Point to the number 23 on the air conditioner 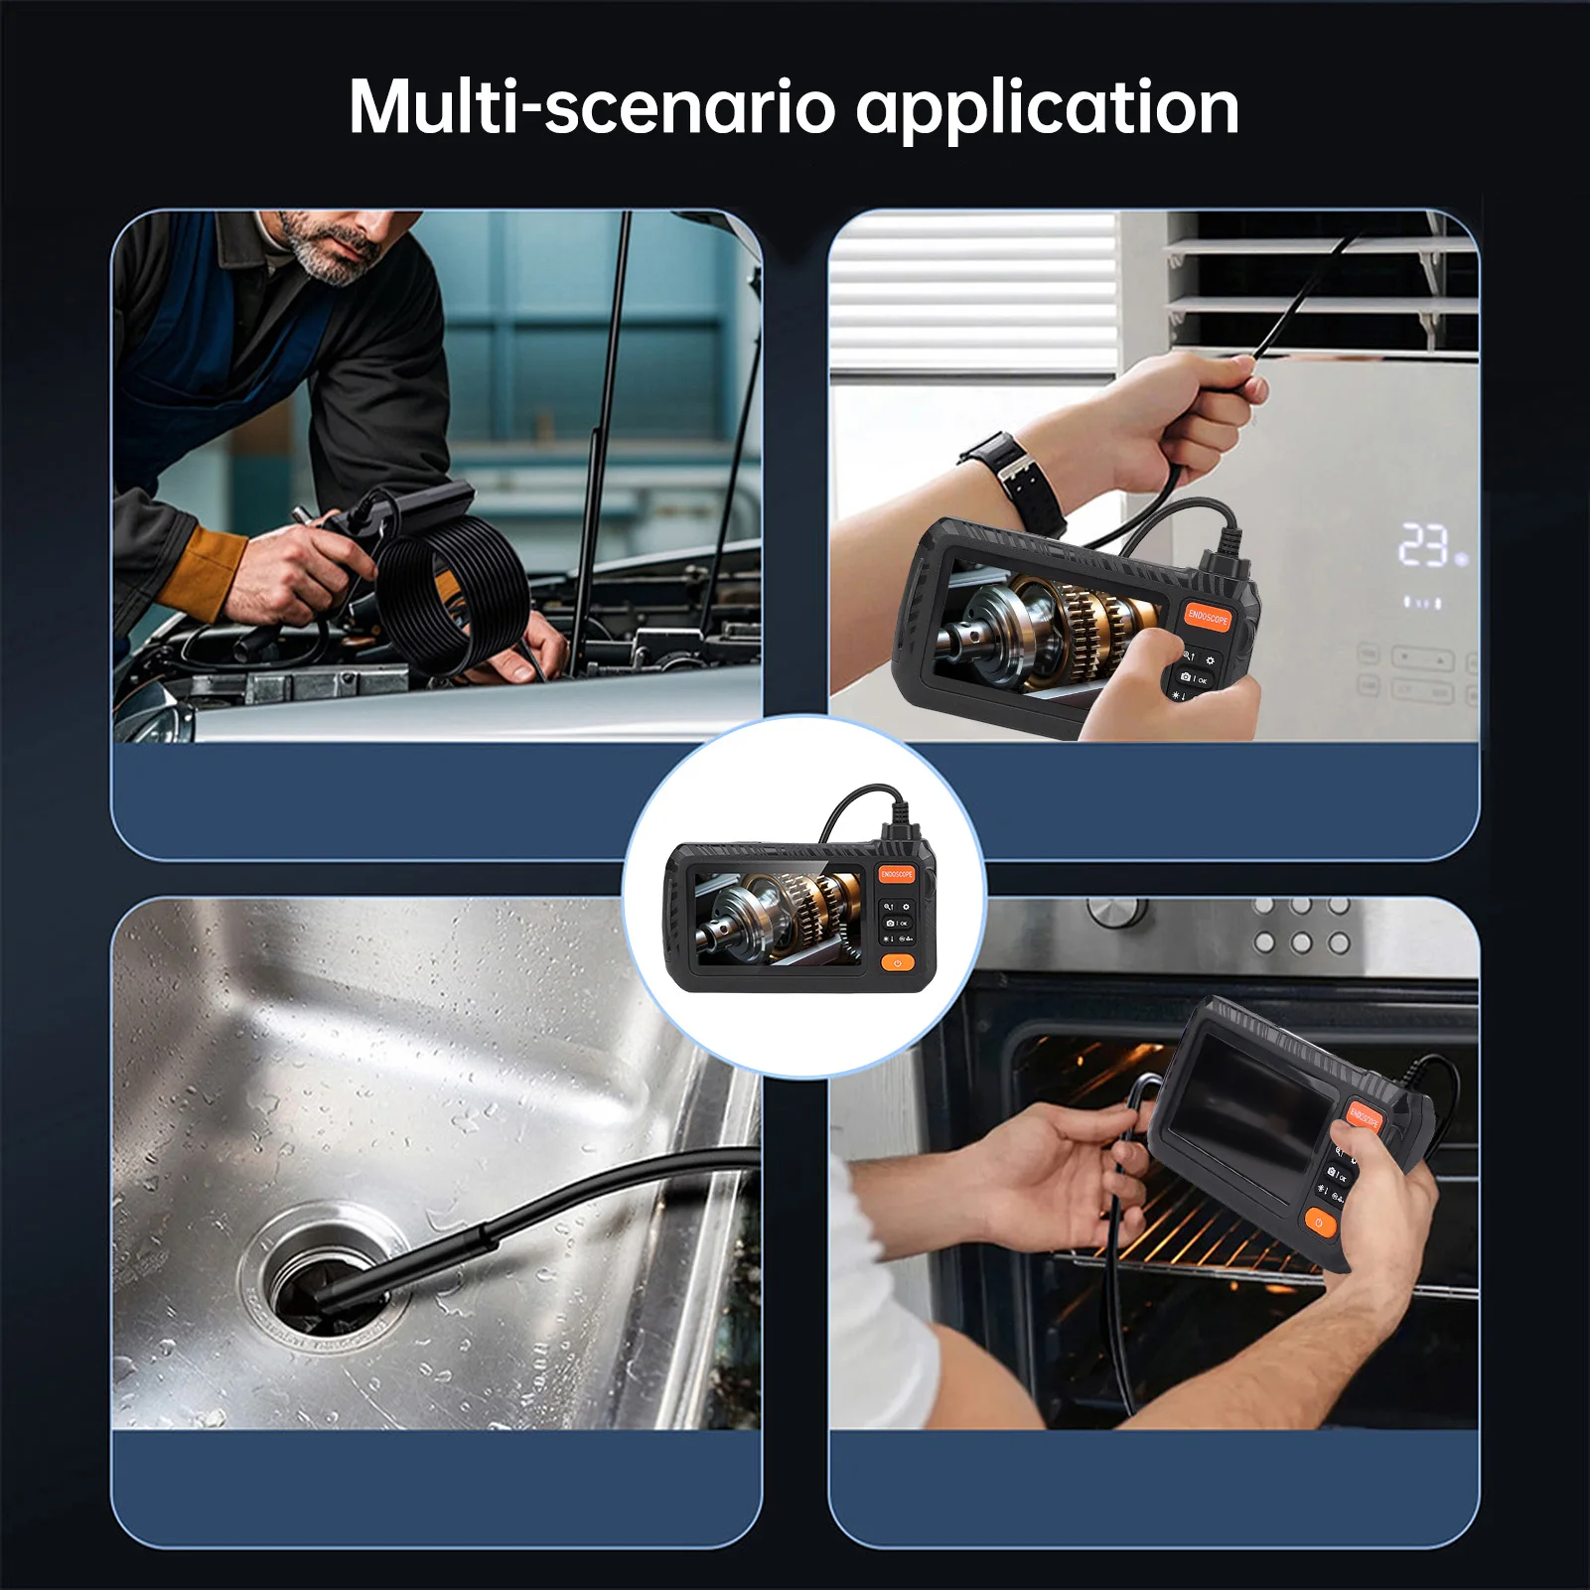(x=1423, y=546)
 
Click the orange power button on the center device (x=897, y=963)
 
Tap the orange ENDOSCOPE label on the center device (x=896, y=874)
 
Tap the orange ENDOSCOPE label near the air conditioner (x=1208, y=617)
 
